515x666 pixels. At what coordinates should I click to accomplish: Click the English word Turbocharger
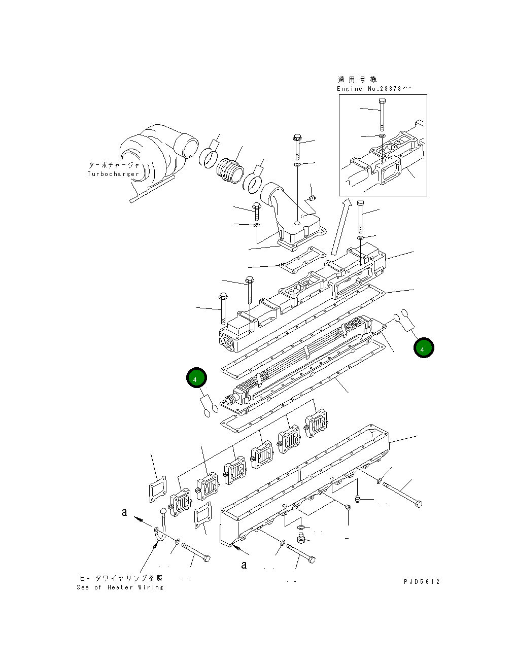(x=113, y=174)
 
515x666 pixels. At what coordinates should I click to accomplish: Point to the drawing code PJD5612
(x=422, y=582)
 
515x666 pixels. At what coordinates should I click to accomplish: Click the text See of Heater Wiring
(x=120, y=587)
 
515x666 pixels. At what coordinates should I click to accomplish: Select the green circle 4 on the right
(x=424, y=348)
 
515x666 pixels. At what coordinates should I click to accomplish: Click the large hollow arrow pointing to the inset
(x=339, y=227)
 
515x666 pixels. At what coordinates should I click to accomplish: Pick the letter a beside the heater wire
(x=124, y=512)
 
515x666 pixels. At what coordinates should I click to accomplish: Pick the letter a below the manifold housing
(x=244, y=565)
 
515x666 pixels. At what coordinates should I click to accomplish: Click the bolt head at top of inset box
(x=382, y=100)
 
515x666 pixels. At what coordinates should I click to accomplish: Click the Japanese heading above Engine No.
(x=357, y=80)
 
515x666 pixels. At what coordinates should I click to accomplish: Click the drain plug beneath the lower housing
(x=301, y=536)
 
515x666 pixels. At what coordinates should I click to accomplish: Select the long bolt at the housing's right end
(x=403, y=495)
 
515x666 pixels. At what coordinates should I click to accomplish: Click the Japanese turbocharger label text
(x=113, y=165)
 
